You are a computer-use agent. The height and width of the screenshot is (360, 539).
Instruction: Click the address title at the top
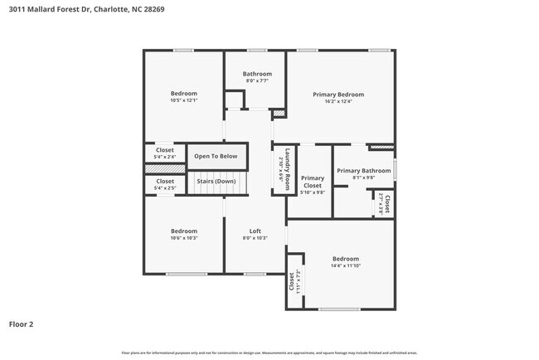pos(75,11)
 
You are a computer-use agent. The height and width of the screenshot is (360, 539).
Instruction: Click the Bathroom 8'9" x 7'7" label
pos(257,77)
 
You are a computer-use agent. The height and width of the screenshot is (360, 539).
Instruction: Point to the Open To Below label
pos(216,156)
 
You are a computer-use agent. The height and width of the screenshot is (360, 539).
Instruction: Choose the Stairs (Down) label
pos(216,181)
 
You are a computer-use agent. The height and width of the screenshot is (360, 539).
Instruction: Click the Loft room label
pos(255,234)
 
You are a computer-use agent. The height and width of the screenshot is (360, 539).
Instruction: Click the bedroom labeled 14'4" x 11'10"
pos(346,261)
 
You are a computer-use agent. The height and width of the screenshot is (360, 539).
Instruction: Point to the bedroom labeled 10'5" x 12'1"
pos(184,96)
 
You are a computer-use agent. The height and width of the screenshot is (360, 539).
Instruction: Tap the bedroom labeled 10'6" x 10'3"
pos(184,234)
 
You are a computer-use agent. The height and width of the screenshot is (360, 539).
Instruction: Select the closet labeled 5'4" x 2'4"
pos(165,153)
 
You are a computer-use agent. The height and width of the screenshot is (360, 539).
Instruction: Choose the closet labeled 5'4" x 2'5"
pos(165,184)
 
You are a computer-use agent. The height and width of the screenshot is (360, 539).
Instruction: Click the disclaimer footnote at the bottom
pos(269,353)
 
